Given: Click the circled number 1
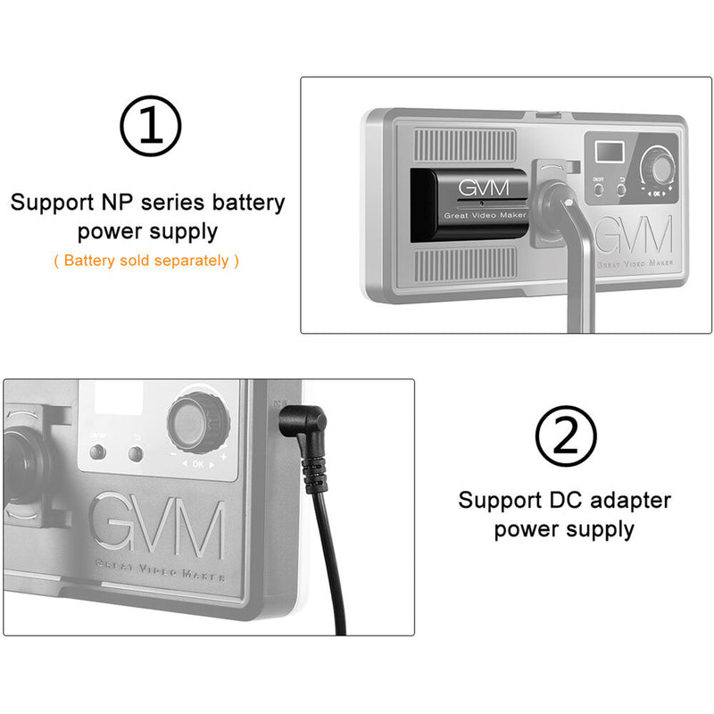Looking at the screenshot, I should pyautogui.click(x=150, y=128).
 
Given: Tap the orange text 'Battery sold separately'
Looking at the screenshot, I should pyautogui.click(x=146, y=261).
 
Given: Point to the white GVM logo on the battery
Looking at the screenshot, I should pyautogui.click(x=479, y=190).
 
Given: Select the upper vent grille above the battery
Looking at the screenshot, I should pyautogui.click(x=464, y=144).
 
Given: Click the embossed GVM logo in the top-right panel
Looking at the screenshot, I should pyautogui.click(x=633, y=237).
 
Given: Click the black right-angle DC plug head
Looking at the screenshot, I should pyautogui.click(x=299, y=425).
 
